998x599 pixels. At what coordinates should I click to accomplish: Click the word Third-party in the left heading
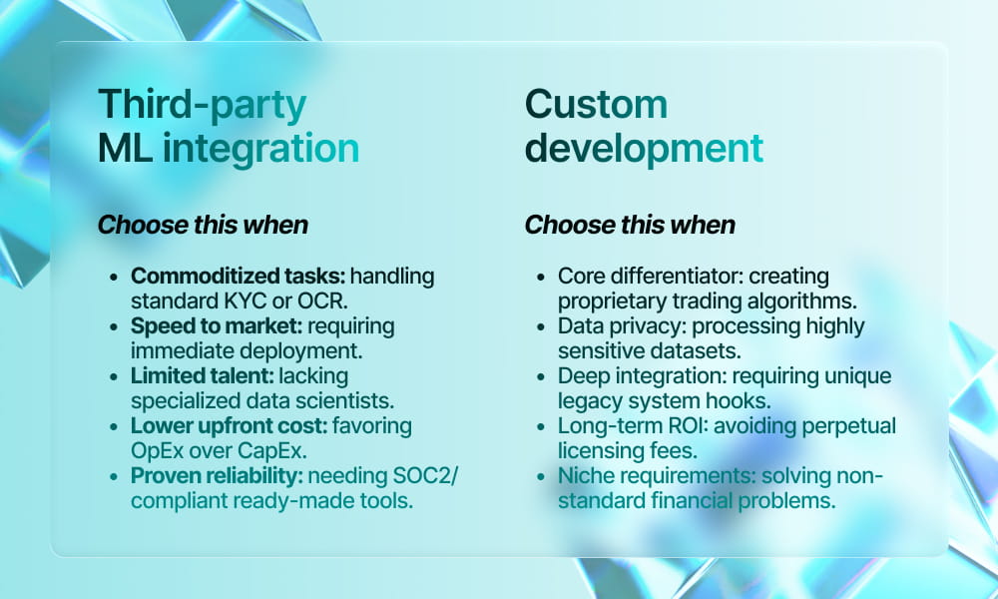point(202,104)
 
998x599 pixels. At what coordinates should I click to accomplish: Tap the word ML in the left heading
point(125,148)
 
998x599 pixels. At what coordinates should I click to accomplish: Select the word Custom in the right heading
point(596,104)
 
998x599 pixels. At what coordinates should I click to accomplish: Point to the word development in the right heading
point(644,148)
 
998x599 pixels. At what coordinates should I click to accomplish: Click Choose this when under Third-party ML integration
point(203,225)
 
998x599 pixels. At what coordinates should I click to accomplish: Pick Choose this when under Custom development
point(630,225)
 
